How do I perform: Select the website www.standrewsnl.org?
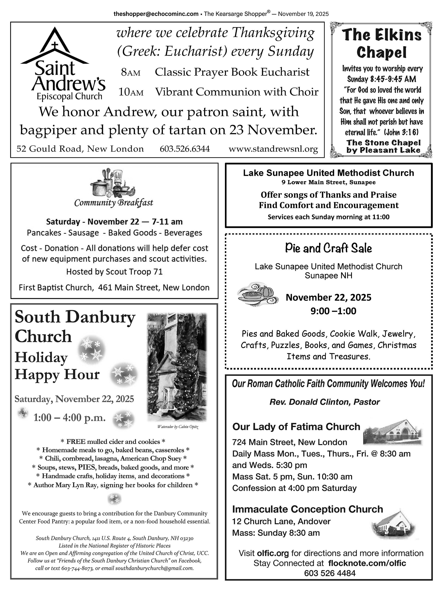pyautogui.click(x=273, y=149)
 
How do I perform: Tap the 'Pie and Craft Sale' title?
pyautogui.click(x=328, y=248)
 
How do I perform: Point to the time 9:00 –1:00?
pyautogui.click(x=333, y=311)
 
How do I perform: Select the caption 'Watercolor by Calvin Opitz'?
pyautogui.click(x=178, y=427)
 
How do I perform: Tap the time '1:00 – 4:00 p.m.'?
pyautogui.click(x=69, y=418)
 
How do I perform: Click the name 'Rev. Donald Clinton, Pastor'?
pyautogui.click(x=324, y=402)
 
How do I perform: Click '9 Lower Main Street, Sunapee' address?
pyautogui.click(x=328, y=182)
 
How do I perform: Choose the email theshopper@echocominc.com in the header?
pyautogui.click(x=156, y=14)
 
